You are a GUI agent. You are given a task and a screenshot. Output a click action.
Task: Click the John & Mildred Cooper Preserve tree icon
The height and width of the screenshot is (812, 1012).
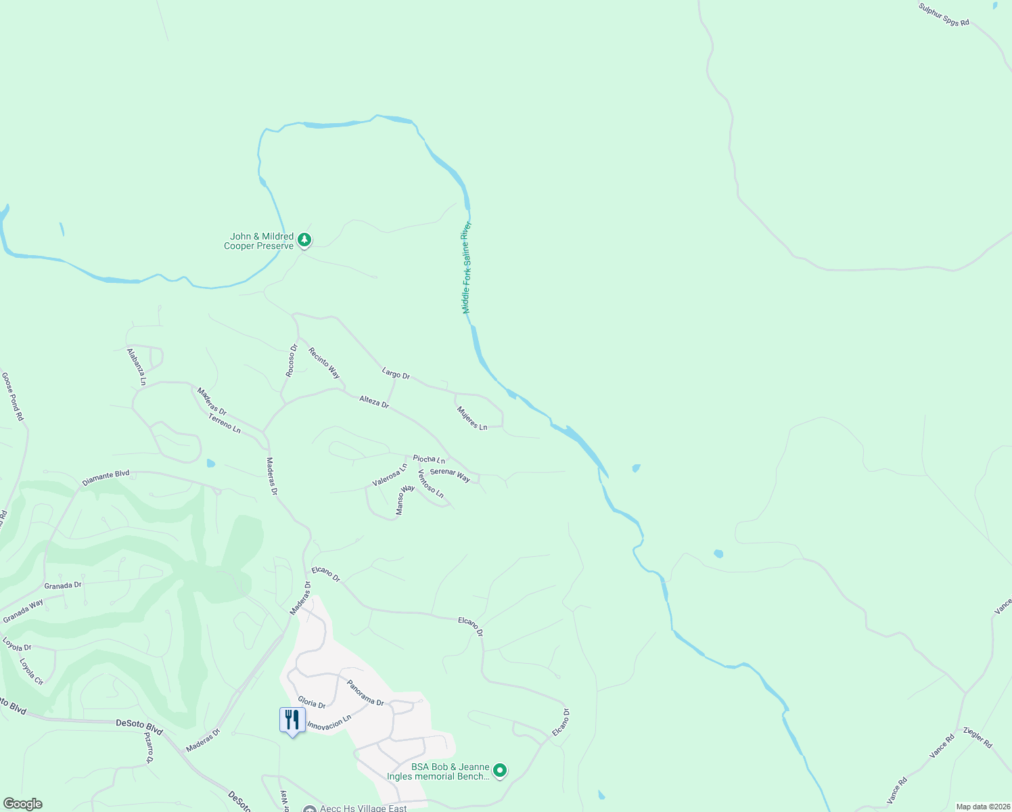click(304, 240)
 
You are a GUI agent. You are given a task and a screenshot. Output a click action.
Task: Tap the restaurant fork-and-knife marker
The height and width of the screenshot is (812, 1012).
click(292, 720)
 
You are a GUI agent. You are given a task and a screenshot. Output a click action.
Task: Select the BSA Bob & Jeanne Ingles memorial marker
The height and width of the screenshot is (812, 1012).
click(500, 771)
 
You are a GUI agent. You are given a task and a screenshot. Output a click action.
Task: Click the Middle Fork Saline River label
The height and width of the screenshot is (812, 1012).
click(466, 267)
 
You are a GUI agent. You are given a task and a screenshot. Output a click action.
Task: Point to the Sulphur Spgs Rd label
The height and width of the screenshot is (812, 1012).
click(944, 14)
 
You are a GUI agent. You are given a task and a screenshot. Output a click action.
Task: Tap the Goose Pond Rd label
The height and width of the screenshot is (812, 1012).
click(12, 397)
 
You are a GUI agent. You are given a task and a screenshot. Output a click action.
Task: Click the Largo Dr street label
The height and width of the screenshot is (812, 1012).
click(396, 374)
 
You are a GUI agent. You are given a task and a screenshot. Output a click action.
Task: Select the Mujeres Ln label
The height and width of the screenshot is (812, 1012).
click(471, 418)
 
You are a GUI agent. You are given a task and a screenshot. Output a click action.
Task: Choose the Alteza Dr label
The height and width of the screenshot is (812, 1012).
click(374, 402)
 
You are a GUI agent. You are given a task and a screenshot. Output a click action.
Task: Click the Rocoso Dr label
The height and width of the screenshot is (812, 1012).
click(292, 361)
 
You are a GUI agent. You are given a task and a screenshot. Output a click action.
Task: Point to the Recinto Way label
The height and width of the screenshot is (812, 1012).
click(324, 363)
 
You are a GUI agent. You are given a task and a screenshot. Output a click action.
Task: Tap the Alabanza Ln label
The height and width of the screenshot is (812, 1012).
click(137, 367)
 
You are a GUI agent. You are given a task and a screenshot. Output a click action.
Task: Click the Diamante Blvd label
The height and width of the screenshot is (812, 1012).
click(106, 478)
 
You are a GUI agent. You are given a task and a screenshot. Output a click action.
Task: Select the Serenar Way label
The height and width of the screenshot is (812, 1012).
click(450, 475)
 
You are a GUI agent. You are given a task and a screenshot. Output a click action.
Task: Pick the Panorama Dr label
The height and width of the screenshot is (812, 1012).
click(365, 693)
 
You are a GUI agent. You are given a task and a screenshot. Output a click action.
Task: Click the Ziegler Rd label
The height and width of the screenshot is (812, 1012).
click(977, 738)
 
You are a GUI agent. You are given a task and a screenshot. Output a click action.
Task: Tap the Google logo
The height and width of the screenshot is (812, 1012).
click(23, 804)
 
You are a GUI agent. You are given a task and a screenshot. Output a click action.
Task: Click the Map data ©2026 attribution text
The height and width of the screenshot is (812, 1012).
click(982, 807)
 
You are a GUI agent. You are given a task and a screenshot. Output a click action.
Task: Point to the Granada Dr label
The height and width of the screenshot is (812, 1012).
click(63, 585)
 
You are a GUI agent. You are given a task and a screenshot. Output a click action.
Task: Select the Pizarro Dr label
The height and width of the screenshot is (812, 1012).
click(149, 747)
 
